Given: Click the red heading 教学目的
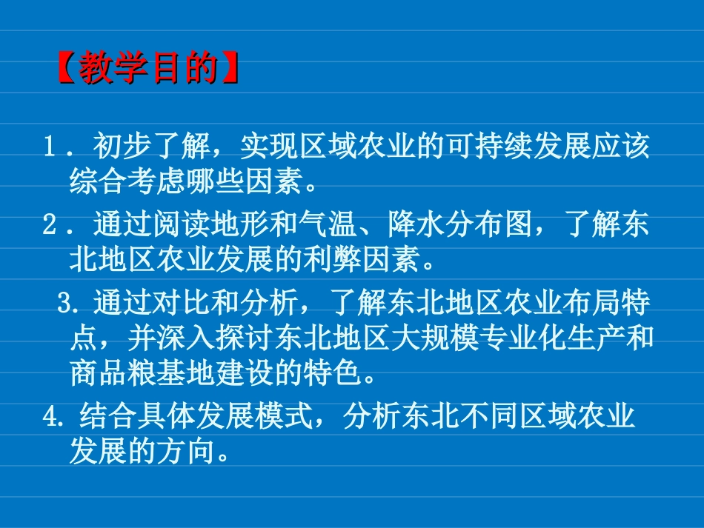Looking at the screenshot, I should (148, 70).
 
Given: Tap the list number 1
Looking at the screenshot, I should (50, 148).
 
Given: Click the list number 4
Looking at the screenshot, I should (50, 418).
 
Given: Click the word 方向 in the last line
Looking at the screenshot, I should (185, 450).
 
